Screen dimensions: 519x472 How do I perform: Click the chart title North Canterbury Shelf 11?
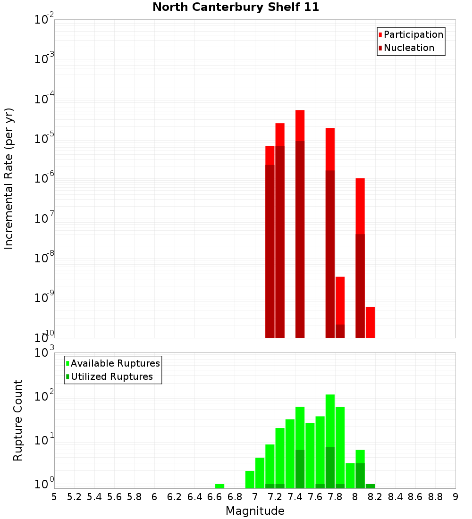236,8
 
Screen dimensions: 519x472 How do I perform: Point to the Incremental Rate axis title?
9,178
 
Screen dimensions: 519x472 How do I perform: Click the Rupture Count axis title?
18,420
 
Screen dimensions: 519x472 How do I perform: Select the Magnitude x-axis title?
255,511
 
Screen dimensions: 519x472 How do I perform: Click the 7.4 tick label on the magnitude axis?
295,497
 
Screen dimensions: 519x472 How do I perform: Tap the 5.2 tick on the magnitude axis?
74,497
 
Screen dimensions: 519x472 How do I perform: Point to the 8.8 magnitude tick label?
435,497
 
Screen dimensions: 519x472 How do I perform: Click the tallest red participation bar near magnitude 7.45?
300,125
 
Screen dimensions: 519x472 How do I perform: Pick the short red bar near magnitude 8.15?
370,322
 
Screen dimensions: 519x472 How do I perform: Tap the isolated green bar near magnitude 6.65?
219,486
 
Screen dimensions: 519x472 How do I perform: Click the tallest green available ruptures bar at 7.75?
330,420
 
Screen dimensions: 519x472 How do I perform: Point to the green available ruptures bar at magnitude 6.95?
250,479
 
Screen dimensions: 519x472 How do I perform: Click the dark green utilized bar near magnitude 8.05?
360,476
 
